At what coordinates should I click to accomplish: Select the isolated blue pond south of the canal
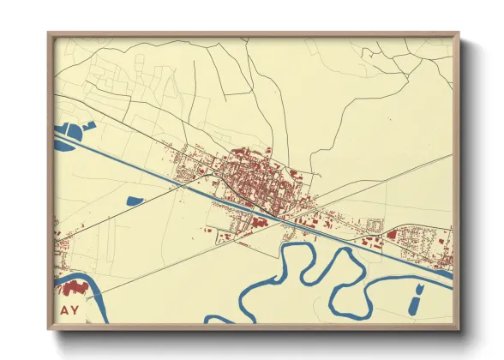coord(135,201)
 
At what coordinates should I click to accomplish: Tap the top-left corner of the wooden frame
coord(49,34)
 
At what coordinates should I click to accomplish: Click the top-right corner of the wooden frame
coord(458,34)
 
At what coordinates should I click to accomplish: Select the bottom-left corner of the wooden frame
coord(49,328)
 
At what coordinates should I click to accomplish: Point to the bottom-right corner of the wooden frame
coord(458,328)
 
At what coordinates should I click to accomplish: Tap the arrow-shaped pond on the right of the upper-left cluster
coord(87,128)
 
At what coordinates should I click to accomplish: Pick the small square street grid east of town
coord(374,225)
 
